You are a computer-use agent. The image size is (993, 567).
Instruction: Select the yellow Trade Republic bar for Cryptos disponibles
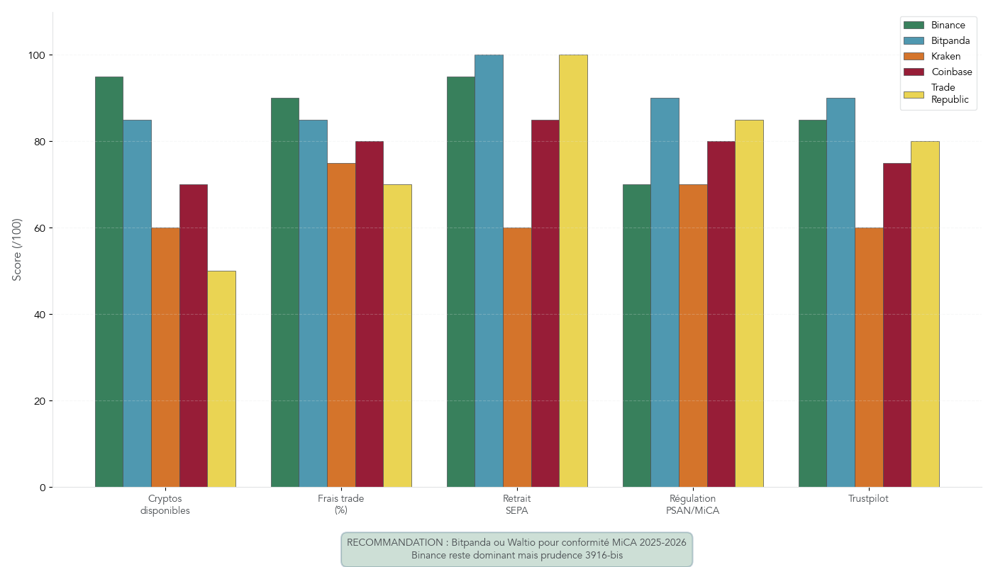221,379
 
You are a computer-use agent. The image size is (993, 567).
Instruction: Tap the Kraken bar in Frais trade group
341,325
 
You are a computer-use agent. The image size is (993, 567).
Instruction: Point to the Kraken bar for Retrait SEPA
517,357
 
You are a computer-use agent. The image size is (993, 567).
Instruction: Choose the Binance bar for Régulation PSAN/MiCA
636,336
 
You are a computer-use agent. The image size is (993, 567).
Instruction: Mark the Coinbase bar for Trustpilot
897,325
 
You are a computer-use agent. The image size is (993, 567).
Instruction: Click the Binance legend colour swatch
914,26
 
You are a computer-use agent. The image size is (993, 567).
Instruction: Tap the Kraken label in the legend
945,57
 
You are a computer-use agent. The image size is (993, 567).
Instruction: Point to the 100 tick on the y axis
38,55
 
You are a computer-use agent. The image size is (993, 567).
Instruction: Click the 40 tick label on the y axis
38,315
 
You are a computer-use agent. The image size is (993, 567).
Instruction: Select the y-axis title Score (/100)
17,249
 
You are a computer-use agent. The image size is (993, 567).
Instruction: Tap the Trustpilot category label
868,499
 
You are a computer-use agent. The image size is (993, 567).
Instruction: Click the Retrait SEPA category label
517,505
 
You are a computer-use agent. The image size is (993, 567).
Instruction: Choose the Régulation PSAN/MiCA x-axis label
692,505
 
